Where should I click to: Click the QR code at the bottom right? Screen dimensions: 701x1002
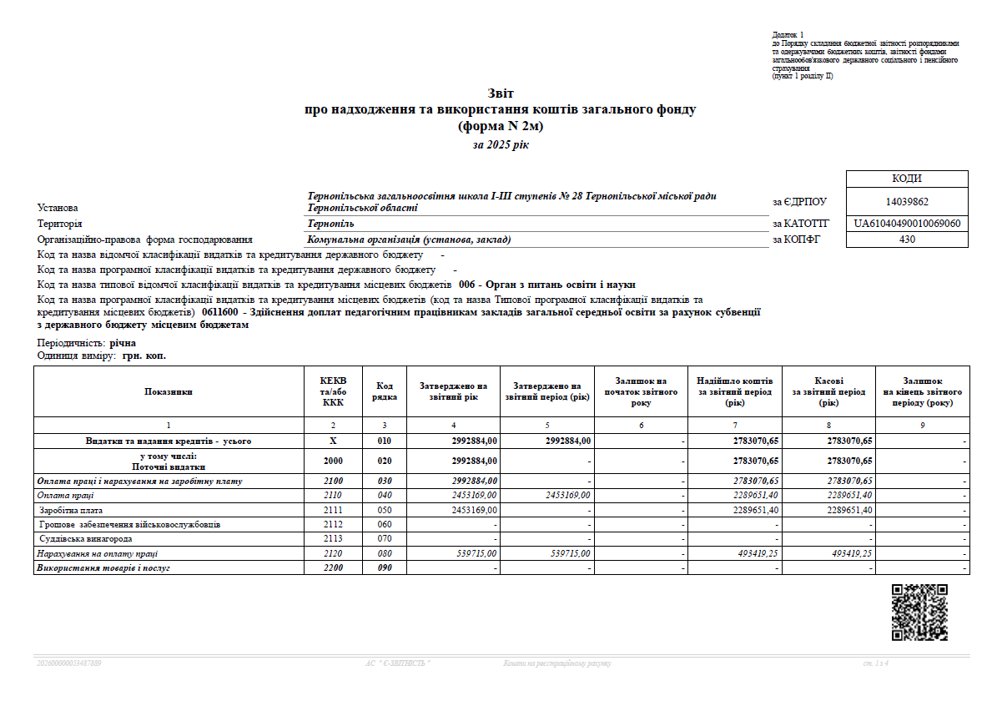(919, 613)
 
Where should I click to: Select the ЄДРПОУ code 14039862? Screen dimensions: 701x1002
(907, 201)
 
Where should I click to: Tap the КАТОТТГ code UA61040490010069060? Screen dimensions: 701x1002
(907, 224)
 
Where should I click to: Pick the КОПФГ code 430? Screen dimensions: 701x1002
(907, 240)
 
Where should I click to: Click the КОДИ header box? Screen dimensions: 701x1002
(907, 179)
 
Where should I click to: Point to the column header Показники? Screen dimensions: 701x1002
(169, 391)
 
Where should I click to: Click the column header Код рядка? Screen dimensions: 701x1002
(384, 391)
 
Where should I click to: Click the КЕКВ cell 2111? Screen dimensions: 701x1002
(333, 510)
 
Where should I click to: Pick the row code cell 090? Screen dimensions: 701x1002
(384, 568)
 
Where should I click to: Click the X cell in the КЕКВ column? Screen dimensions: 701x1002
(333, 441)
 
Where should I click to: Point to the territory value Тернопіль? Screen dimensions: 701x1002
(330, 224)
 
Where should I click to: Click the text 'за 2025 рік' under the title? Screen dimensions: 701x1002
(501, 145)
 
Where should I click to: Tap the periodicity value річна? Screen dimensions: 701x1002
(123, 343)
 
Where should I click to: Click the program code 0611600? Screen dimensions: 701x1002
(220, 312)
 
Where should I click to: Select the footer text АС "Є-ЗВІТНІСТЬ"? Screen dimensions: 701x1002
(398, 663)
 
